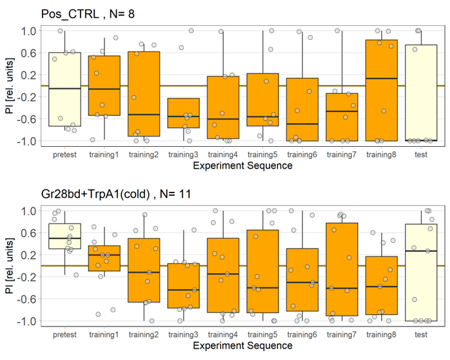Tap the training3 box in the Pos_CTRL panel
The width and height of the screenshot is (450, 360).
point(183,113)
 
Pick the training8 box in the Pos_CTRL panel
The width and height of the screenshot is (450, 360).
point(382,90)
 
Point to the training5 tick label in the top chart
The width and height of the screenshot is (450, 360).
point(262,155)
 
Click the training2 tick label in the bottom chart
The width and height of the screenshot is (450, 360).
point(144,335)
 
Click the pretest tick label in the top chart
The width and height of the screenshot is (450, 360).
point(64,155)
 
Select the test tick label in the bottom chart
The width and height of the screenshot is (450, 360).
point(421,335)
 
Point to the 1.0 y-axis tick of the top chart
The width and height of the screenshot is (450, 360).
point(27,31)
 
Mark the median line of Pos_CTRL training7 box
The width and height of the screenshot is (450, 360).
point(342,111)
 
